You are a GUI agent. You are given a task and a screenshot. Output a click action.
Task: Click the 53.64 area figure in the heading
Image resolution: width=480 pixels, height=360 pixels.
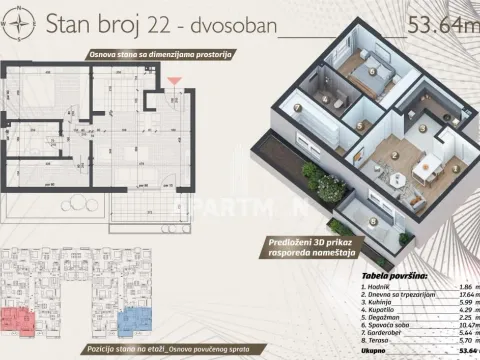(x=435, y=23)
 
